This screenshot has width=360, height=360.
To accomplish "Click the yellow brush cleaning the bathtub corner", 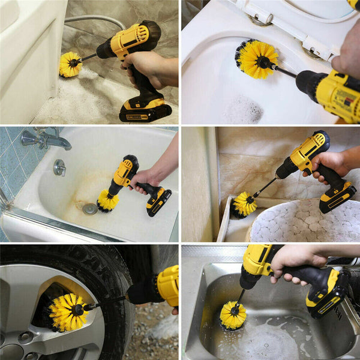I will tap(70, 64).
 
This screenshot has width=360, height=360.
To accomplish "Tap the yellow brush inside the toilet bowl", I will tap(257, 59).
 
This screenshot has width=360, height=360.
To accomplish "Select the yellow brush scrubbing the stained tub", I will tap(108, 201).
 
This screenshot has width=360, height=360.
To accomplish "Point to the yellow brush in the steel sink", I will tap(233, 316).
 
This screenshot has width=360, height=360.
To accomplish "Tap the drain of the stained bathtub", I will tap(90, 209).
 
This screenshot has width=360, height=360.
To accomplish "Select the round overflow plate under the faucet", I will tap(59, 167).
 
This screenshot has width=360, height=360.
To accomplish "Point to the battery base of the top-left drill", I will tap(145, 110).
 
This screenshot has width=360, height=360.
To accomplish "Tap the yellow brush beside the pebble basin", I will tap(244, 205).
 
